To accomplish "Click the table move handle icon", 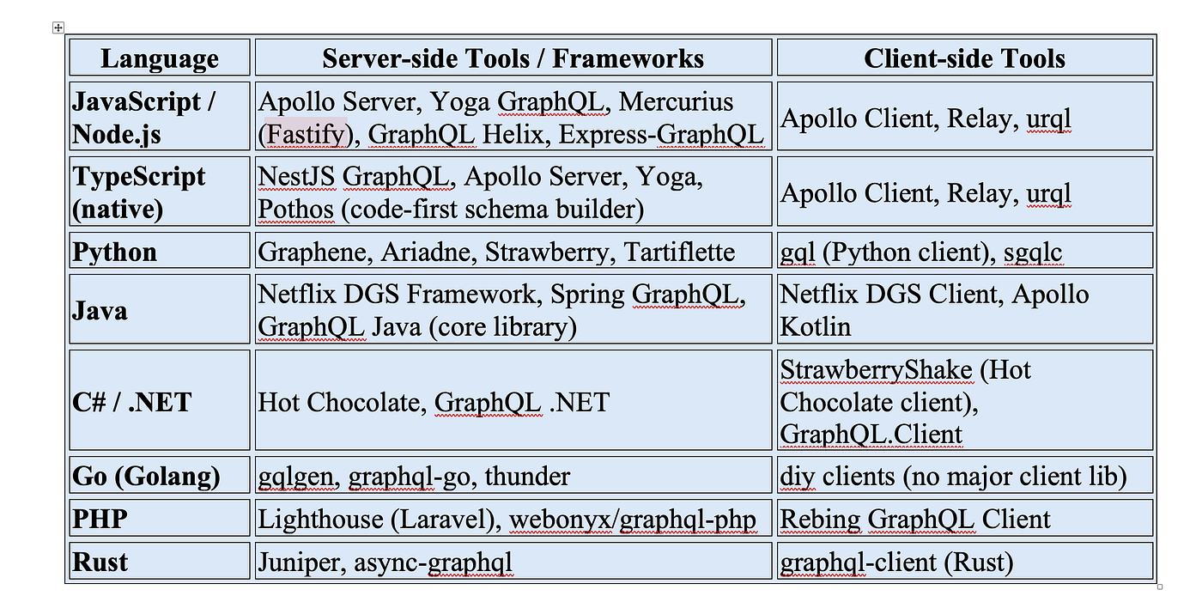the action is coord(58,27).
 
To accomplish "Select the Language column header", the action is coord(160,58).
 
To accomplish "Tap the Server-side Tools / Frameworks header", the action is coord(513,58).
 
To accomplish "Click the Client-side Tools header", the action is coord(964,58).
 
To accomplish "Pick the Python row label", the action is coord(114,252).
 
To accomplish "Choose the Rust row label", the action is coord(100,562).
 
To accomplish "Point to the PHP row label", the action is coord(100,519).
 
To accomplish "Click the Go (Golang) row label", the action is coord(146,477).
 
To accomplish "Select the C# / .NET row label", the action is coord(131,402).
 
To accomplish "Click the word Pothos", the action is coord(295,210).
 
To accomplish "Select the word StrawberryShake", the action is coord(876,369).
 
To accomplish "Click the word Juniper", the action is coord(302,562).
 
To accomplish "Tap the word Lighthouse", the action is coord(320,520).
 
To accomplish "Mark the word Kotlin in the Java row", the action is coord(815,326).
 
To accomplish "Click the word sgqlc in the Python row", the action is coord(1032,252).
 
